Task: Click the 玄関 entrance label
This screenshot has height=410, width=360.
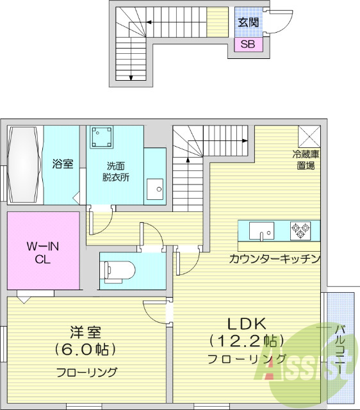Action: point(248,23)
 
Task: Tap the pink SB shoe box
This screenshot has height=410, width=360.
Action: point(248,44)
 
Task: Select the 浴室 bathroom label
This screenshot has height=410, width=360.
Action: point(63,164)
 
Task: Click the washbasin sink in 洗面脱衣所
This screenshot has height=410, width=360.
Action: point(155,189)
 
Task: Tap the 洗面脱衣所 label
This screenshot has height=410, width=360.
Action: point(115,172)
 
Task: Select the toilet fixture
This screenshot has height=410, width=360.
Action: point(119,272)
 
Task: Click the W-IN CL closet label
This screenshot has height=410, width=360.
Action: point(43,253)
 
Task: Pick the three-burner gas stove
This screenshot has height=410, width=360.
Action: point(300,231)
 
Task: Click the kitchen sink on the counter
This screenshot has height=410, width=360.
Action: point(261,231)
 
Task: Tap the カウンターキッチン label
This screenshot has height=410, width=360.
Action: point(275,259)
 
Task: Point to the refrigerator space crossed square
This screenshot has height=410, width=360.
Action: point(309,136)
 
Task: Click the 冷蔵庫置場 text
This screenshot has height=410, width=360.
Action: point(306,160)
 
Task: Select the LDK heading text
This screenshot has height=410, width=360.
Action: point(247,324)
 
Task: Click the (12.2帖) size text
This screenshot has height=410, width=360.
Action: point(247,341)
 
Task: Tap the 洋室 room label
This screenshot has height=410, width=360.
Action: point(85,332)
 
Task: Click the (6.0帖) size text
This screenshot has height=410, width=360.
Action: point(85,348)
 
